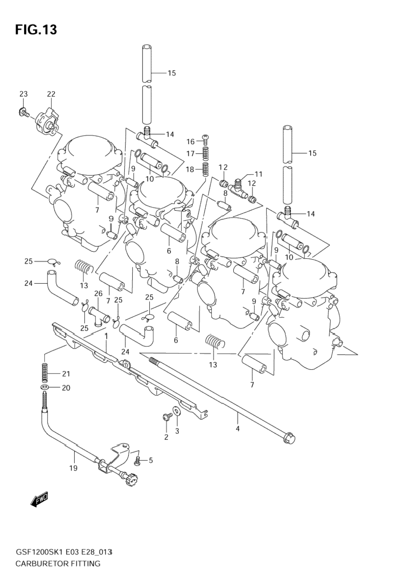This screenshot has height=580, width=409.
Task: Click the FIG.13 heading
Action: pos(36,30)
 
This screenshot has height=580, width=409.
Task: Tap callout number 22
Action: pos(51,94)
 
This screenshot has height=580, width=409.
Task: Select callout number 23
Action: pos(23,94)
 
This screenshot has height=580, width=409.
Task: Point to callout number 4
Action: pos(238,428)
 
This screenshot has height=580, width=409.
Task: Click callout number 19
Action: pos(73,468)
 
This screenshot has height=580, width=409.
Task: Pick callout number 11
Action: pos(258,174)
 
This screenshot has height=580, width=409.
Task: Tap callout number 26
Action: pos(98,294)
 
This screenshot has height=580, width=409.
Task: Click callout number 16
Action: pos(191,142)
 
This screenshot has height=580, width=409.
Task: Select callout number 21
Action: pos(66,374)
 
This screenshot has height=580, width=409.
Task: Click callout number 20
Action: pos(66,388)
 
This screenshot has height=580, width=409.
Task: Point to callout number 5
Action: pos(151,460)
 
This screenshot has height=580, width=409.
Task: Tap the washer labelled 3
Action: pos(177,411)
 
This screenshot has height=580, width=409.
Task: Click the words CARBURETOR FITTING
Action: pos(58,564)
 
